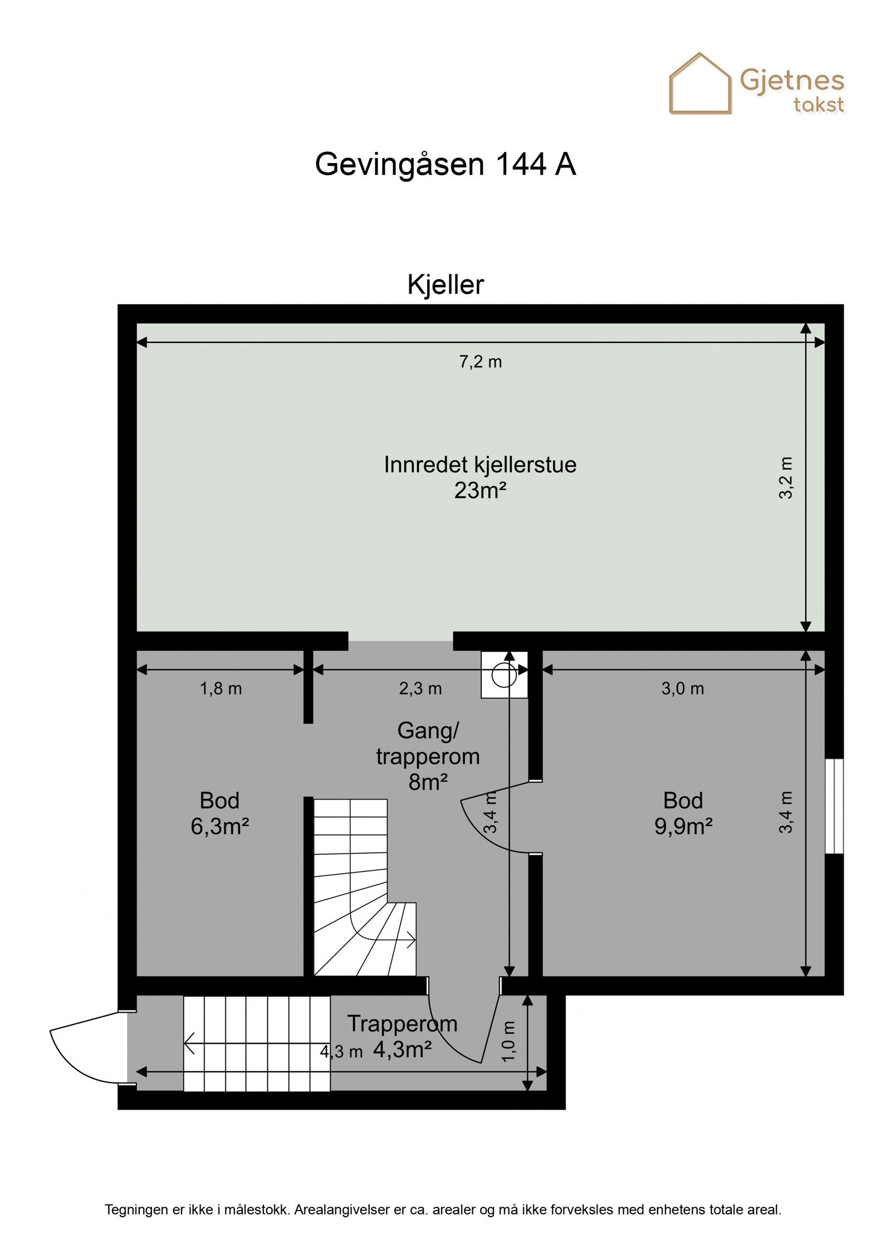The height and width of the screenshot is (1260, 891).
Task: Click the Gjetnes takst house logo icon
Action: point(699,85)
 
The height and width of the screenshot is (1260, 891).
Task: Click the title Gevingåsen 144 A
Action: point(445,165)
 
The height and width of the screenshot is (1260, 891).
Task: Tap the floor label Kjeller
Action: point(445,285)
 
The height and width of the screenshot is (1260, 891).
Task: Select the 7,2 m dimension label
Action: point(480,362)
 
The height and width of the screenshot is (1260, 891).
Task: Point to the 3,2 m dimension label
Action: point(785,478)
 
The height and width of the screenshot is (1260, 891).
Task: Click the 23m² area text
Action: point(480,491)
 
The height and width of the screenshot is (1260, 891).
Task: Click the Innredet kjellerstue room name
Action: point(480,464)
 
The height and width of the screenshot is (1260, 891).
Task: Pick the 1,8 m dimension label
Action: point(221,689)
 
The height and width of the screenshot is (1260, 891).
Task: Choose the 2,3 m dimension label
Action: point(420,689)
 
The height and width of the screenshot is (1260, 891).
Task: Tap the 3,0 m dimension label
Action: point(682,689)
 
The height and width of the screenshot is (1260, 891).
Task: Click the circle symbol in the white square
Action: point(504,675)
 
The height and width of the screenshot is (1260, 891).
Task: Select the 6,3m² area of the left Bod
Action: point(219,827)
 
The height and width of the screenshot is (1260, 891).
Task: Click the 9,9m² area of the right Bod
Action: point(683,827)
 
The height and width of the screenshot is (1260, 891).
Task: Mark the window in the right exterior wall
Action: point(834,806)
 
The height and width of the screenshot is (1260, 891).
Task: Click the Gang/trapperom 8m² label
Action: point(428,756)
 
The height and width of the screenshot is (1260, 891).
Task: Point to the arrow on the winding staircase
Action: point(409,941)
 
